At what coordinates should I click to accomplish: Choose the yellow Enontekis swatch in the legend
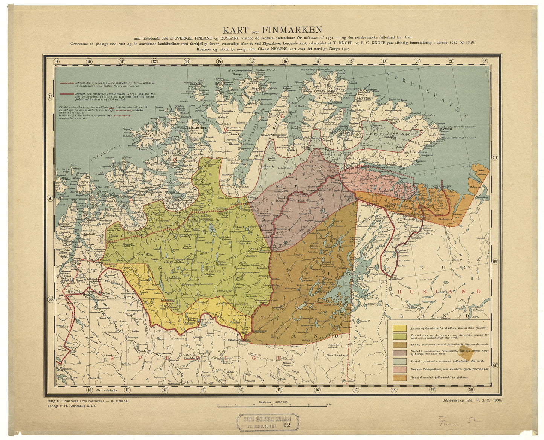click(399, 328)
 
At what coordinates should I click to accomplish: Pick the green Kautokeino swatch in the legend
click(399, 336)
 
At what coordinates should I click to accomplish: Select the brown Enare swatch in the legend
click(399, 345)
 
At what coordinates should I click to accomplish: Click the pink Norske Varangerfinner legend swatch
click(399, 370)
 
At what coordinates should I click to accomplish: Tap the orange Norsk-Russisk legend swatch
click(399, 378)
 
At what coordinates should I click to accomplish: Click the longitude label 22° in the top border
click(484, 61)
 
